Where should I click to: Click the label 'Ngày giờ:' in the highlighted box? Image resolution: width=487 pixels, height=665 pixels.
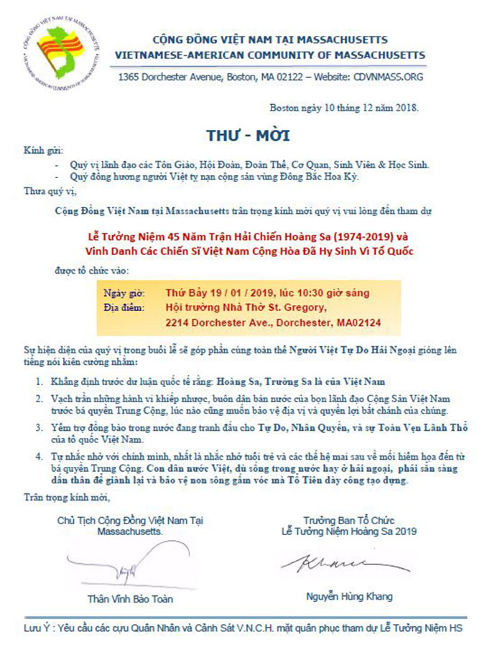(x=124, y=293)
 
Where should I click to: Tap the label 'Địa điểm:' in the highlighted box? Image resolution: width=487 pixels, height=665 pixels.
(x=124, y=308)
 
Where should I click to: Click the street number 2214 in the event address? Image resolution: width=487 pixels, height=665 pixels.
(x=179, y=323)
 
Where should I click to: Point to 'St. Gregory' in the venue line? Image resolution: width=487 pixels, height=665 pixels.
(x=294, y=308)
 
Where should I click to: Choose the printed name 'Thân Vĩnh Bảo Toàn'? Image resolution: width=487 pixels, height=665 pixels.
(x=135, y=598)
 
